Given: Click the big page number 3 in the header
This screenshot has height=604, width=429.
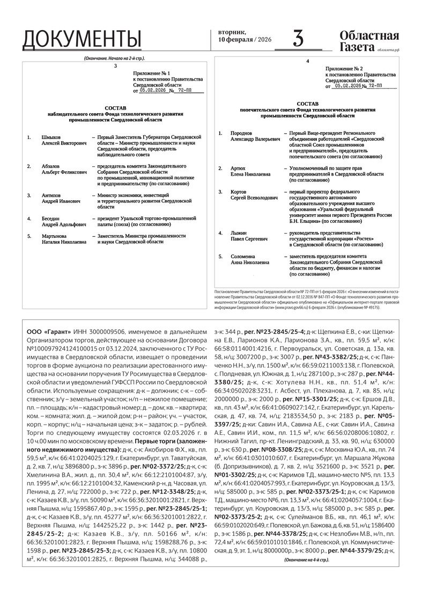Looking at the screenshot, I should [298, 39].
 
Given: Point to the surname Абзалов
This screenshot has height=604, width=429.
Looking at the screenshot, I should [52, 166].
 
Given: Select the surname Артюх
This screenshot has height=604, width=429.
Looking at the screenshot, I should [238, 168].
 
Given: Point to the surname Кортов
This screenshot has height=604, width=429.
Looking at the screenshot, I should [240, 191].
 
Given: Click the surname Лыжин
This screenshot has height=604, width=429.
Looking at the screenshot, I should [239, 232].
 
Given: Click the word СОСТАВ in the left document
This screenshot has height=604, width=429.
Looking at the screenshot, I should [116, 107].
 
